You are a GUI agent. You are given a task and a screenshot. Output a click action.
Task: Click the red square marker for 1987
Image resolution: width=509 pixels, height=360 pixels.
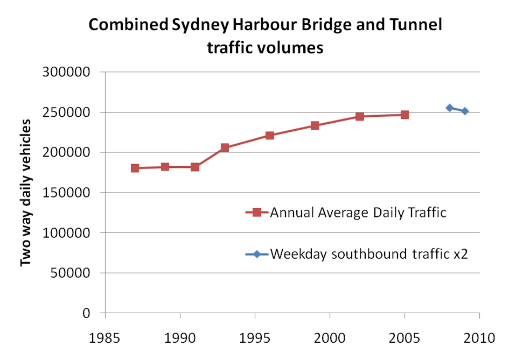pos(135,168)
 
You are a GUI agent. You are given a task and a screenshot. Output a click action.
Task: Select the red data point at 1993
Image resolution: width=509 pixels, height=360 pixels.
pos(225,147)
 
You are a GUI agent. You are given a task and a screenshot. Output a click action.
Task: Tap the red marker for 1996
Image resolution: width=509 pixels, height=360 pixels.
pos(270,135)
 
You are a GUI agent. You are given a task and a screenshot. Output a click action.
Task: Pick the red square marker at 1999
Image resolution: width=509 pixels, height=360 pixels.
pos(315,125)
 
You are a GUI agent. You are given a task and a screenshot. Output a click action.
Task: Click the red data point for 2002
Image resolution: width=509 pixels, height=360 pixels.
pos(360,116)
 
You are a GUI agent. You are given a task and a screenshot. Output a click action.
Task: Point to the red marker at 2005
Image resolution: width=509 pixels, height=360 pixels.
pos(405,115)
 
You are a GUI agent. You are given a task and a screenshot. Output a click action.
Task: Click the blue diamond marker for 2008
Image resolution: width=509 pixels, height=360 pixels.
pos(450,108)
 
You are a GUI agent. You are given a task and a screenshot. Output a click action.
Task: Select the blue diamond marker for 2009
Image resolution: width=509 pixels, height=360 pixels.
pos(465,111)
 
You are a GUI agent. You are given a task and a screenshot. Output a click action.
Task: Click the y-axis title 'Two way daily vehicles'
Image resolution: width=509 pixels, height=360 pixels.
pos(25,192)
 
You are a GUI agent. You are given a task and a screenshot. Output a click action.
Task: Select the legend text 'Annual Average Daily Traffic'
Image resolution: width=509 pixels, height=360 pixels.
pos(358,212)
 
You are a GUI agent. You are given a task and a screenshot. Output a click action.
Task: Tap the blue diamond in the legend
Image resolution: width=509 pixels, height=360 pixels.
pos(257,253)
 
